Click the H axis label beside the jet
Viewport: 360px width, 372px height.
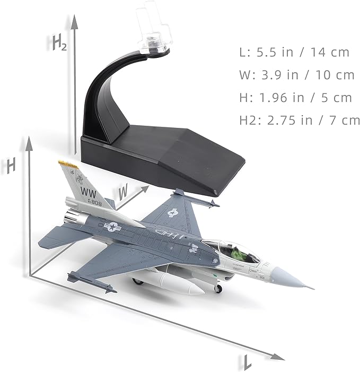pos(9,166)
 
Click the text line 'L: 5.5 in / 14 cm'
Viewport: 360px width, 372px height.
pos(295,52)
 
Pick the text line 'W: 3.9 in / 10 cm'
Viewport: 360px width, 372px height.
pos(297,75)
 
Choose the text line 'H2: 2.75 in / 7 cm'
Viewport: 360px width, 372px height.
pos(300,120)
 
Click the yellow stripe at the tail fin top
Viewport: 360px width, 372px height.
pos(68,165)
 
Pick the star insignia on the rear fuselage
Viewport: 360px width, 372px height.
pos(112,227)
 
